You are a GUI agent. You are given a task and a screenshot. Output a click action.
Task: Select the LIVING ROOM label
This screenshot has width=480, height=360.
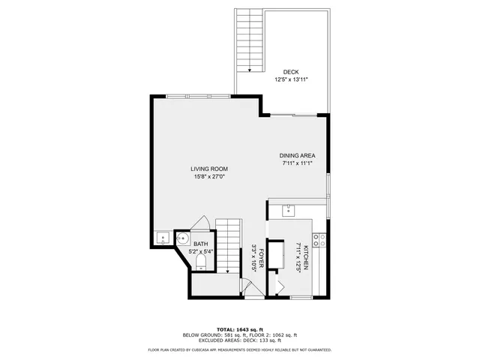click(x=209, y=169)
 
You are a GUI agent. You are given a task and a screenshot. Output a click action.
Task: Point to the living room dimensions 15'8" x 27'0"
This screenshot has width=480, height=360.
click(x=209, y=177)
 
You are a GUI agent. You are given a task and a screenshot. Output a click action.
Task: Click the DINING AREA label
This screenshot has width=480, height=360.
click(x=297, y=155)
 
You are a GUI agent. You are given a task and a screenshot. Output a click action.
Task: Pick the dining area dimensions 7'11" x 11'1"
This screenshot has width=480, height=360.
click(x=297, y=163)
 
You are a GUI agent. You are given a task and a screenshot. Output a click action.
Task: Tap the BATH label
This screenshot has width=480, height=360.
click(x=201, y=244)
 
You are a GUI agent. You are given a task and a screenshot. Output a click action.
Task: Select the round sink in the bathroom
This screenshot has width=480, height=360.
click(x=182, y=238)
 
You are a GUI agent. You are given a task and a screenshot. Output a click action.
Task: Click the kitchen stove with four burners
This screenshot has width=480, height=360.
click(x=319, y=240)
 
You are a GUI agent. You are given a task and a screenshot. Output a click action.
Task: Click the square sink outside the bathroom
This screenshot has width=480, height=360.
click(x=163, y=239)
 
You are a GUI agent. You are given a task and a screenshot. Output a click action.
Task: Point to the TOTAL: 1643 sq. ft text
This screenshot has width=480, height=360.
click(x=240, y=329)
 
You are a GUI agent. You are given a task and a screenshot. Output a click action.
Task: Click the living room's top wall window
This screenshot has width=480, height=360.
click(x=198, y=96)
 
